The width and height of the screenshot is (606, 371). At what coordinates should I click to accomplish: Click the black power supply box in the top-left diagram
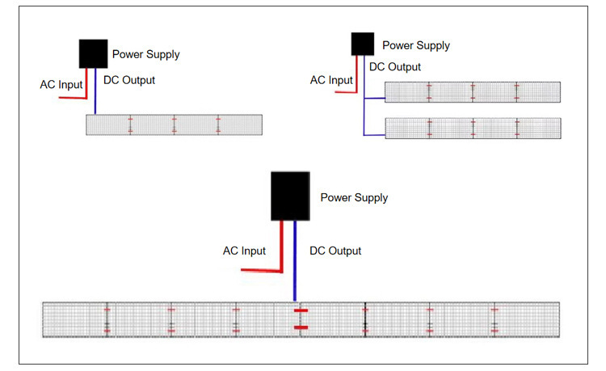click(x=94, y=53)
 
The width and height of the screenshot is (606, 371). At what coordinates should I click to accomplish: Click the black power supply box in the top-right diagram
click(x=361, y=44)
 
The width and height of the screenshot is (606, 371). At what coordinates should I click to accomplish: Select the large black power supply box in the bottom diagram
click(x=289, y=196)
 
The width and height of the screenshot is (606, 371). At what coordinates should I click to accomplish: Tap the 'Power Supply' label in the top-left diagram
click(x=145, y=55)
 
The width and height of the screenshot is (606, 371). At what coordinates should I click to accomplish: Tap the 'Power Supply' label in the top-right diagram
click(x=416, y=46)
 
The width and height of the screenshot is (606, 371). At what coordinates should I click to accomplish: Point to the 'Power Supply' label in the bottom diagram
click(x=354, y=198)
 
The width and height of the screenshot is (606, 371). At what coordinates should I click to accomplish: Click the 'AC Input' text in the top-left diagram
click(x=61, y=84)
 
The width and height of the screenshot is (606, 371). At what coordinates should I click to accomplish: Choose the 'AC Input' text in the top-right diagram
click(x=331, y=80)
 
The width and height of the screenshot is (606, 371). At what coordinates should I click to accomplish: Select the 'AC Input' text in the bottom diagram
click(x=244, y=251)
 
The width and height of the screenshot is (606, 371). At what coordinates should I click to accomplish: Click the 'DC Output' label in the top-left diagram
click(x=129, y=80)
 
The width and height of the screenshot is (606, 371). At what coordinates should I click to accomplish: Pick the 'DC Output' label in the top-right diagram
click(x=395, y=67)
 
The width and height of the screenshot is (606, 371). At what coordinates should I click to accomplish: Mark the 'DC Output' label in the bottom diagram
click(x=335, y=251)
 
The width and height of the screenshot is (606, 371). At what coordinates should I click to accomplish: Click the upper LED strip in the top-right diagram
click(x=472, y=92)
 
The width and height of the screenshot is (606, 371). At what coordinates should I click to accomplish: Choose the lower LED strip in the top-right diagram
click(x=472, y=129)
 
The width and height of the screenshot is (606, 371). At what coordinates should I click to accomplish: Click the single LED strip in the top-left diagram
click(x=174, y=124)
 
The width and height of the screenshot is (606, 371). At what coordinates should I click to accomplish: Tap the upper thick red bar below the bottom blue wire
click(x=301, y=310)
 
